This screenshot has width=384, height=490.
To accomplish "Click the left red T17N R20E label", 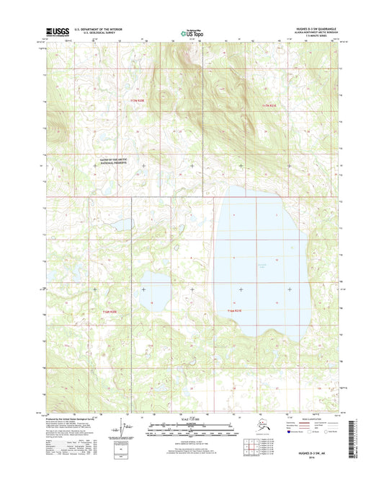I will [139, 101].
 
